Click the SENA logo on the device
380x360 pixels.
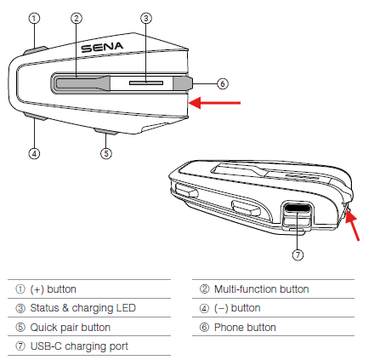[102, 48]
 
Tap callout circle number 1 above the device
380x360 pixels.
[34, 19]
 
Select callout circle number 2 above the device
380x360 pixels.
[77, 19]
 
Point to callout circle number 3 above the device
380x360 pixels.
[146, 19]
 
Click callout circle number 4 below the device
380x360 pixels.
[34, 154]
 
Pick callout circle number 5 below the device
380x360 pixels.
[106, 154]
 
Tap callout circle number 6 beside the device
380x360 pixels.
[223, 83]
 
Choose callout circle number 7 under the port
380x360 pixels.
[298, 254]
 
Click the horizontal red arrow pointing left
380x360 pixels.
[214, 103]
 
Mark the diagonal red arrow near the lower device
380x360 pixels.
[353, 226]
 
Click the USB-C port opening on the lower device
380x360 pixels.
[297, 208]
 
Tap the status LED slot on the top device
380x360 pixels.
[146, 83]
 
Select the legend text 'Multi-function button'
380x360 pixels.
[262, 289]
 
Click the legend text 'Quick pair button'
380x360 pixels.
[71, 328]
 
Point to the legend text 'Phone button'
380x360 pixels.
[245, 328]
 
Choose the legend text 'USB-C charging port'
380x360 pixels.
[79, 346]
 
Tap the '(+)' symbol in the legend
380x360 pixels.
[37, 289]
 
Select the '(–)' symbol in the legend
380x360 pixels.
[221, 308]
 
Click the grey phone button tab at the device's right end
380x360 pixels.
[183, 83]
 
